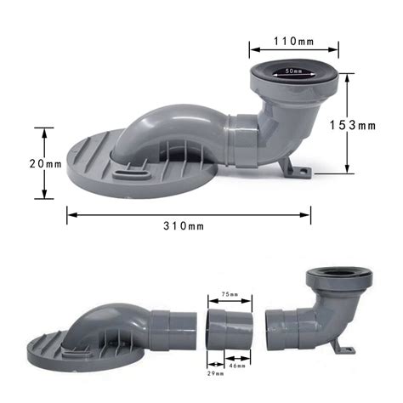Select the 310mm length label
(184, 226)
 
